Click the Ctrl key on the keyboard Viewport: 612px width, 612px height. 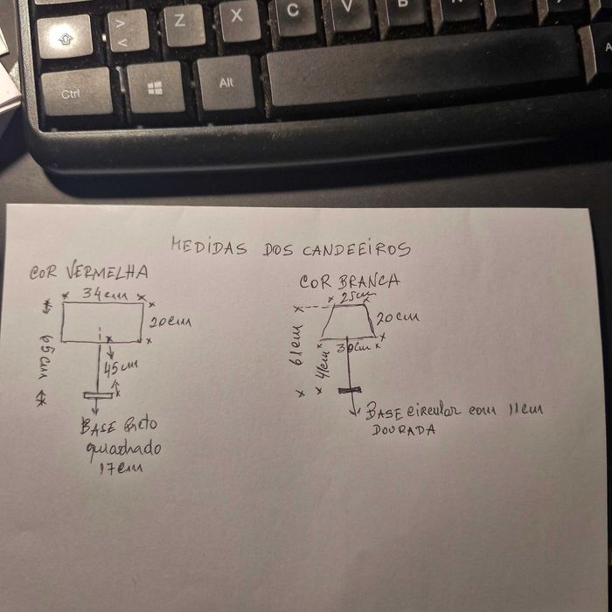tap(75, 92)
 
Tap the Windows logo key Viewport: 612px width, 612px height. tap(155, 87)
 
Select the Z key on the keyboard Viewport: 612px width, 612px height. tap(183, 24)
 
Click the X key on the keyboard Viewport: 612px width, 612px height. tap(238, 19)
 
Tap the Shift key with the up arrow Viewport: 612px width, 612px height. tap(65, 38)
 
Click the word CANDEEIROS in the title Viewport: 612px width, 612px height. tap(356, 250)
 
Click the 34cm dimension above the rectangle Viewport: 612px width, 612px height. tap(104, 295)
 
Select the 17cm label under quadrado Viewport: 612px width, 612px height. tap(119, 468)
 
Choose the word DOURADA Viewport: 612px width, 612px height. tap(403, 430)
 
